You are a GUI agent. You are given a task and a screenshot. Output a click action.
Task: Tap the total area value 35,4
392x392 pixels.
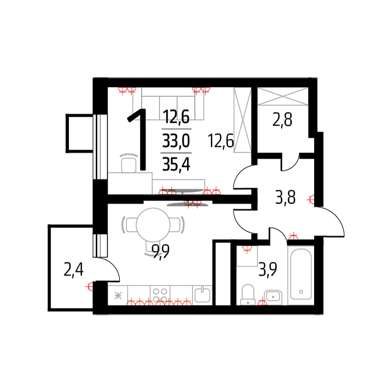point(176,165)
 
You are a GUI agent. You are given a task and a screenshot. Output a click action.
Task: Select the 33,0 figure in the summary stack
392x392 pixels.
point(176,141)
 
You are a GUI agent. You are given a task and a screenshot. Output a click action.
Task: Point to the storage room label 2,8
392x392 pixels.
point(282,120)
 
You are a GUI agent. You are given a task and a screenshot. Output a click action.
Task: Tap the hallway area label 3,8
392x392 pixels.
point(285,197)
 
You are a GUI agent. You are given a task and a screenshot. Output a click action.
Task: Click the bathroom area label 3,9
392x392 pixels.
point(268,270)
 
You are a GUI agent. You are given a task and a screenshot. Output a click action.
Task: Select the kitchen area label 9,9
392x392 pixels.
point(161,251)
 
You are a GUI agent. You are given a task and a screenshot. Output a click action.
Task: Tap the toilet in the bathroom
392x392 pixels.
point(248,295)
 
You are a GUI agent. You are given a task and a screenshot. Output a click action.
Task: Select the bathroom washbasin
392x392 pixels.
point(273,296)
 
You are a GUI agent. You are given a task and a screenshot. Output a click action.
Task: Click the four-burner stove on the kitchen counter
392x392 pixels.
point(160,295)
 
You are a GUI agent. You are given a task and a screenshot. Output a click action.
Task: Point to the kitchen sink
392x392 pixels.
point(203,295)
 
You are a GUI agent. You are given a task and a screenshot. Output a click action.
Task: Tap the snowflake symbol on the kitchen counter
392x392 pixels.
point(118,296)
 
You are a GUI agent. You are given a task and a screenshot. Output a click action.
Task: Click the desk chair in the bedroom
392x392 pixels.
point(129,163)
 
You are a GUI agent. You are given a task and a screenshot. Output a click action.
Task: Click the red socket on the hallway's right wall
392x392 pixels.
point(311,199)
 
